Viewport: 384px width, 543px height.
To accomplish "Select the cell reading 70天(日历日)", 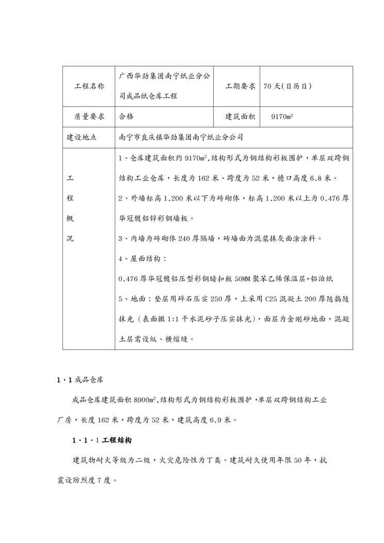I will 287,86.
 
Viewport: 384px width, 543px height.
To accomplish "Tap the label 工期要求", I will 240,86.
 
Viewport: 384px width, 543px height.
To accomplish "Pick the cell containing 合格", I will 126,117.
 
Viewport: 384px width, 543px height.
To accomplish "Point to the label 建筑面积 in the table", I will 240,117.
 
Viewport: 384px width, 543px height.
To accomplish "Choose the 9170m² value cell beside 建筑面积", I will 282,117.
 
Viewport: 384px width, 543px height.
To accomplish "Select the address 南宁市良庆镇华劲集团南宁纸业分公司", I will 181,137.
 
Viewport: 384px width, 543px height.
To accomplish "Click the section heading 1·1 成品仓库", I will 80,380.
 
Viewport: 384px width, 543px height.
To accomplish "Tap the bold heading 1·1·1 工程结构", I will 102,440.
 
